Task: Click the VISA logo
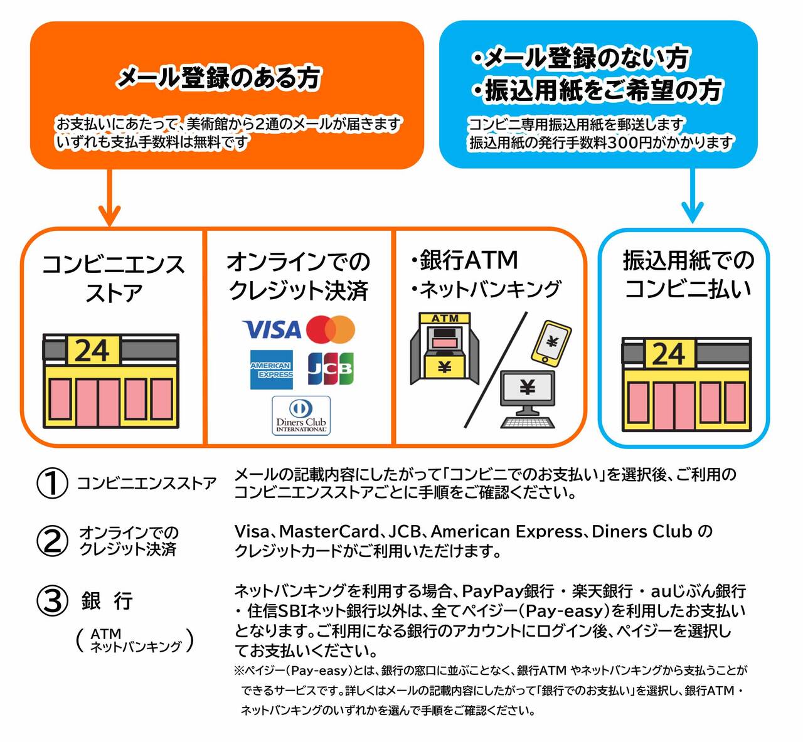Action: pos(272,329)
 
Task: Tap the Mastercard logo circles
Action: pos(331,329)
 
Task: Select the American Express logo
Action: pos(271,369)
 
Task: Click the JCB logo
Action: pos(331,368)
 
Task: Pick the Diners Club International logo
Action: pos(301,415)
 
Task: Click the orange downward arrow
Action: pos(110,198)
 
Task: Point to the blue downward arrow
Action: pos(693,195)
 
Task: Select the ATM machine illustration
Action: pos(445,349)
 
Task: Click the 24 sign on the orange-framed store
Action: pos(93,350)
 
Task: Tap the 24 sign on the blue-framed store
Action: pos(669,354)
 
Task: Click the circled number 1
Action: pos(52,483)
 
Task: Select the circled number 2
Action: pos(52,541)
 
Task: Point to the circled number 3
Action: pos(52,602)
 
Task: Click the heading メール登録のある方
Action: pos(219,78)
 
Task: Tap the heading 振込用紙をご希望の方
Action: pos(598,90)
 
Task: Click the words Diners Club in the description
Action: pos(642,531)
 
